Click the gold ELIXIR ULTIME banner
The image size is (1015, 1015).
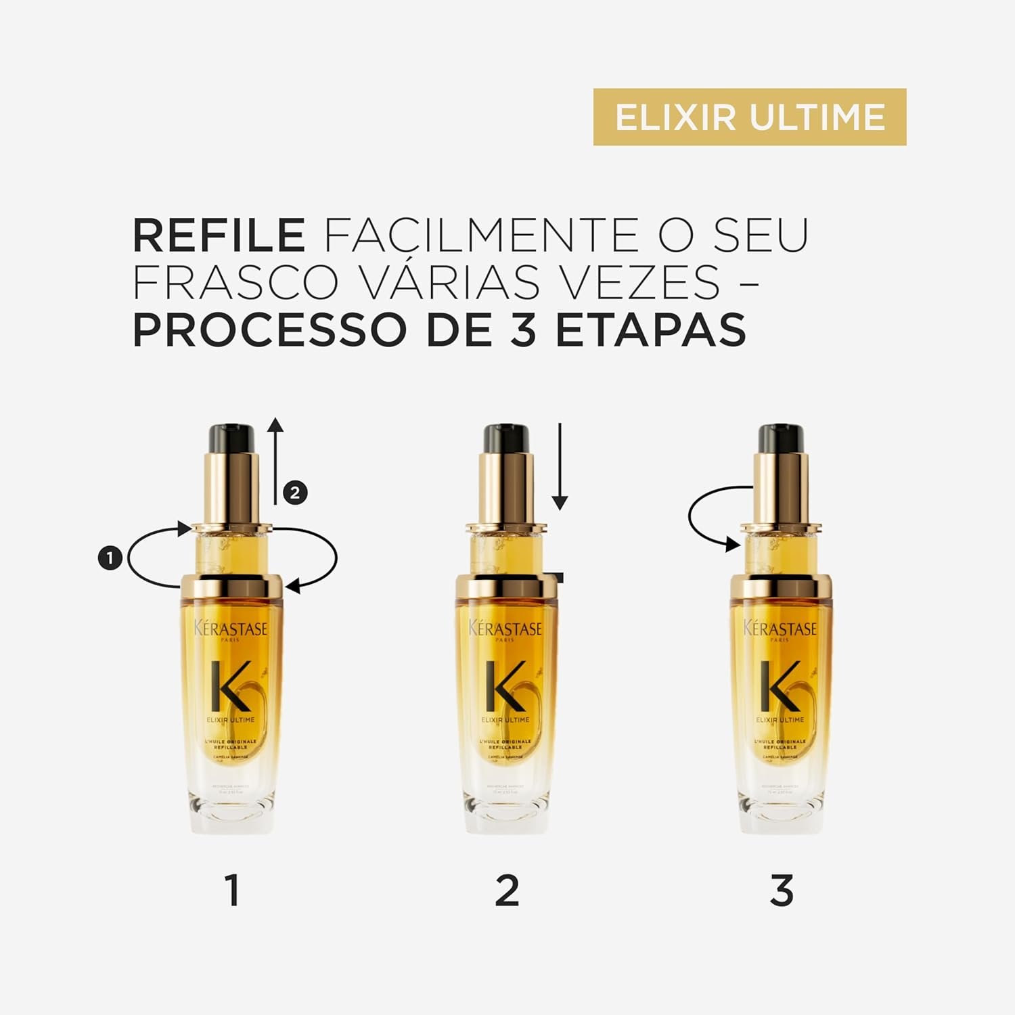tap(749, 117)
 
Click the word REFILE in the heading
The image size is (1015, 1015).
tap(219, 235)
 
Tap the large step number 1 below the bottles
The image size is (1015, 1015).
tap(233, 890)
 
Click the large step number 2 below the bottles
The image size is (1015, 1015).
tap(507, 890)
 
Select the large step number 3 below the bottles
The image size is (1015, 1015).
tap(782, 890)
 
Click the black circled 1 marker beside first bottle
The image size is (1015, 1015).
tap(110, 558)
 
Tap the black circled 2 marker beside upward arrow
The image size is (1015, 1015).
tap(295, 492)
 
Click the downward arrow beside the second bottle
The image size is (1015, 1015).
tap(560, 467)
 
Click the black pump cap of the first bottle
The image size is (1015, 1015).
tap(231, 438)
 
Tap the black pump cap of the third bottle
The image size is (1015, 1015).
tap(780, 438)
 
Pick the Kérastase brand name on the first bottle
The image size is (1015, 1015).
tap(231, 629)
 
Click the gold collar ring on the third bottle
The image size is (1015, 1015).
tap(781, 587)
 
